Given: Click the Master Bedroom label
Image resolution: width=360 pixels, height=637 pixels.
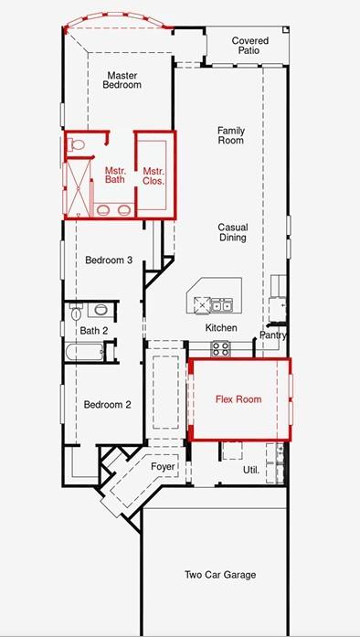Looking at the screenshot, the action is tap(122, 80).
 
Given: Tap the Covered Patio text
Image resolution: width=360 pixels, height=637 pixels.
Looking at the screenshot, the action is tap(249, 46).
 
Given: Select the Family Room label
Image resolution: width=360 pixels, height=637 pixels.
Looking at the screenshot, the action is tap(231, 135).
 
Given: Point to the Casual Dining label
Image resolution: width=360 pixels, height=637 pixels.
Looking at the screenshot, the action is tap(233, 232).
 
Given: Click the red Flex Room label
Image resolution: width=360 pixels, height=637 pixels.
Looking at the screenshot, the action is tap(238, 399).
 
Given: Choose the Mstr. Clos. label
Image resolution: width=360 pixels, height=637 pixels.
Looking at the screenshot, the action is tap(154, 176).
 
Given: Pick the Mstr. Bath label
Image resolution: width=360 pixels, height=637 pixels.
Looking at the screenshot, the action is tap(114, 175).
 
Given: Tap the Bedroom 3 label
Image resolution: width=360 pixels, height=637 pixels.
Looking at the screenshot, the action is tap(109, 260).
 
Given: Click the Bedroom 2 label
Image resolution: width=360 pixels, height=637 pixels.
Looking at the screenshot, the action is tap(107, 405).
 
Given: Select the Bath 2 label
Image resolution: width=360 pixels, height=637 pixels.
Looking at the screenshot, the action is tap(94, 331).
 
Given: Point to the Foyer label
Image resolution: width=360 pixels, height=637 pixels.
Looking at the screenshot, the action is tap(163, 466).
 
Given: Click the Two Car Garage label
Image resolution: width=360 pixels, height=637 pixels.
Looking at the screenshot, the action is tap(220, 575).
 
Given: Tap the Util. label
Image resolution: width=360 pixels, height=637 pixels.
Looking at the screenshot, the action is tap(251, 470).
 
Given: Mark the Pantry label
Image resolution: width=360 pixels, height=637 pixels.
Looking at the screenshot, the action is tap(273, 335).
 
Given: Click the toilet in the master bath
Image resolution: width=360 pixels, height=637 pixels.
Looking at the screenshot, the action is tap(76, 143).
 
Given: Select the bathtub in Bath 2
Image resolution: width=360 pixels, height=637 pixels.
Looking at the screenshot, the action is tap(84, 352).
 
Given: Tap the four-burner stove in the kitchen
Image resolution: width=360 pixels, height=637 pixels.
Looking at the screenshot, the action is tap(220, 348).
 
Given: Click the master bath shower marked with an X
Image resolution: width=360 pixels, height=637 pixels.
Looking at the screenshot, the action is tap(78, 186).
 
